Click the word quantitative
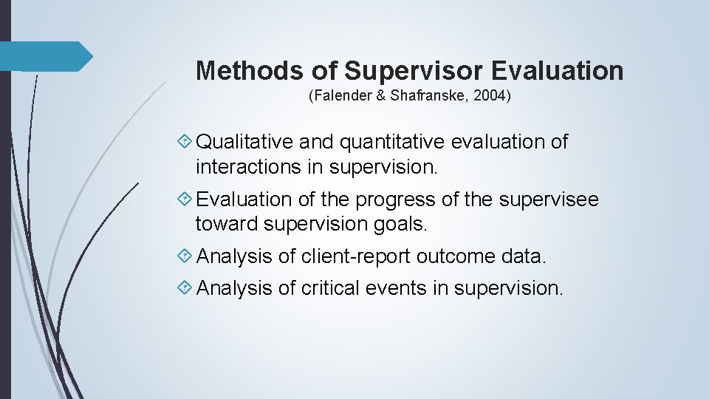pos(398,142)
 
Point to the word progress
pos(395,199)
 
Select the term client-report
pos(355,256)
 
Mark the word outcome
pos(455,256)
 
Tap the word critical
pos(330,288)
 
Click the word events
pos(399,288)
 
